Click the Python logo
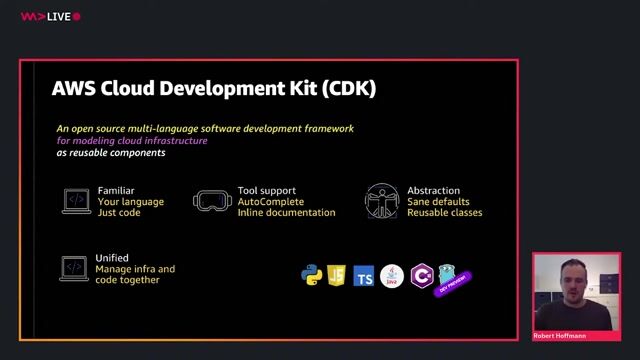pos(312,275)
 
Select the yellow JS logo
pos(337,275)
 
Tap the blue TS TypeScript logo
pos(364,276)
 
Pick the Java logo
pos(392,276)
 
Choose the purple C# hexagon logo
pos(421,275)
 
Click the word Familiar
pos(116,190)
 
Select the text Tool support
pos(266,190)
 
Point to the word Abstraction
pos(433,190)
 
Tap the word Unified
pos(112,258)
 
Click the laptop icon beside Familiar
pos(76,200)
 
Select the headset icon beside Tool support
pos(210,200)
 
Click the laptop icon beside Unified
pos(74,267)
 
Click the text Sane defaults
pos(438,201)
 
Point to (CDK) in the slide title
pos(349,88)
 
